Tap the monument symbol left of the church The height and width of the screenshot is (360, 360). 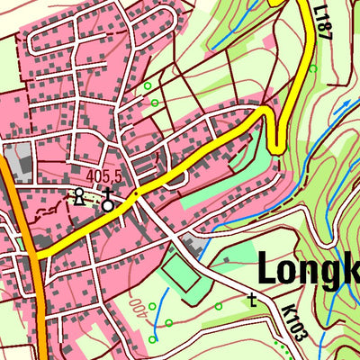click(79, 196)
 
